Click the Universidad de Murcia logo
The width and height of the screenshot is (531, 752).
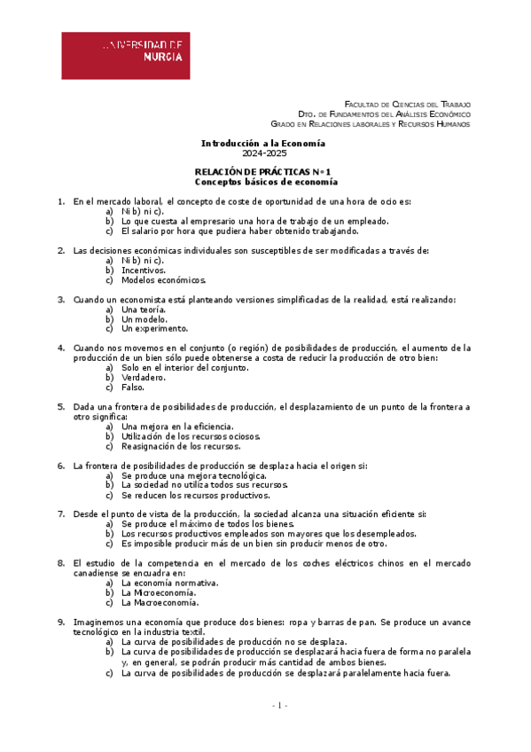point(125,56)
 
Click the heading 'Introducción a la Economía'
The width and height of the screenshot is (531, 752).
point(263,143)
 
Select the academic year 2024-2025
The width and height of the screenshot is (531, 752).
point(264,153)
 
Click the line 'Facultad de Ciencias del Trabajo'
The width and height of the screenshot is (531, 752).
point(407,104)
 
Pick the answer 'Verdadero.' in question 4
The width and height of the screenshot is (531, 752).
point(143,377)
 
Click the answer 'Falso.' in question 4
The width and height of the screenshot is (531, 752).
point(133,387)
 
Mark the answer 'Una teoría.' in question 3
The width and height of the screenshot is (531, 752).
point(143,309)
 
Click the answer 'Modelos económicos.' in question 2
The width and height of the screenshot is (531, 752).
point(163,279)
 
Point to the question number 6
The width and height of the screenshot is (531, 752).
point(61,466)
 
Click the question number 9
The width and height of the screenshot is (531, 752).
point(61,623)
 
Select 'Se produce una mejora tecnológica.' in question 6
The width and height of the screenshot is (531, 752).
point(193,475)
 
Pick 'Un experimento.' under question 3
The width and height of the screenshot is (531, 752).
point(154,328)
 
